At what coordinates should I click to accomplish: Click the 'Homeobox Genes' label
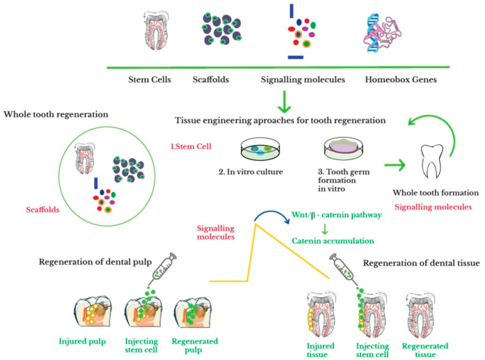[x=401, y=79]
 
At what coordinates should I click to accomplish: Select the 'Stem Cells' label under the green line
[x=150, y=79]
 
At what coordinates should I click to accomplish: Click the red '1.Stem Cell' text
[x=191, y=146]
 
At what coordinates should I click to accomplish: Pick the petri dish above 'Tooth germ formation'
[x=343, y=148]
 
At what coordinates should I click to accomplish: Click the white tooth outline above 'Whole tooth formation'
[x=432, y=161]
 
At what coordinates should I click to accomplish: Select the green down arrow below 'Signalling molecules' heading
[x=285, y=102]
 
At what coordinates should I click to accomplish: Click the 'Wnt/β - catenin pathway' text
[x=337, y=215]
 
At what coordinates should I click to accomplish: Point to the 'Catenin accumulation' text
[x=333, y=241]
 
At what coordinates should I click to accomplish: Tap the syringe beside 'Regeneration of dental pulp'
[x=162, y=268]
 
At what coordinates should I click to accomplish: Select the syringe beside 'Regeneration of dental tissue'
[x=343, y=269]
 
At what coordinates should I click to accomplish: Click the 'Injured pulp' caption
[x=82, y=341]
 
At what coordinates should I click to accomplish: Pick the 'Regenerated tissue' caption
[x=425, y=350]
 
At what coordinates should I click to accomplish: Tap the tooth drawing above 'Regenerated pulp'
[x=193, y=311]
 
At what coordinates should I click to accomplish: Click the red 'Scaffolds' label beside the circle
[x=42, y=210]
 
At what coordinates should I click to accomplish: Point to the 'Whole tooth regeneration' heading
[x=56, y=114]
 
